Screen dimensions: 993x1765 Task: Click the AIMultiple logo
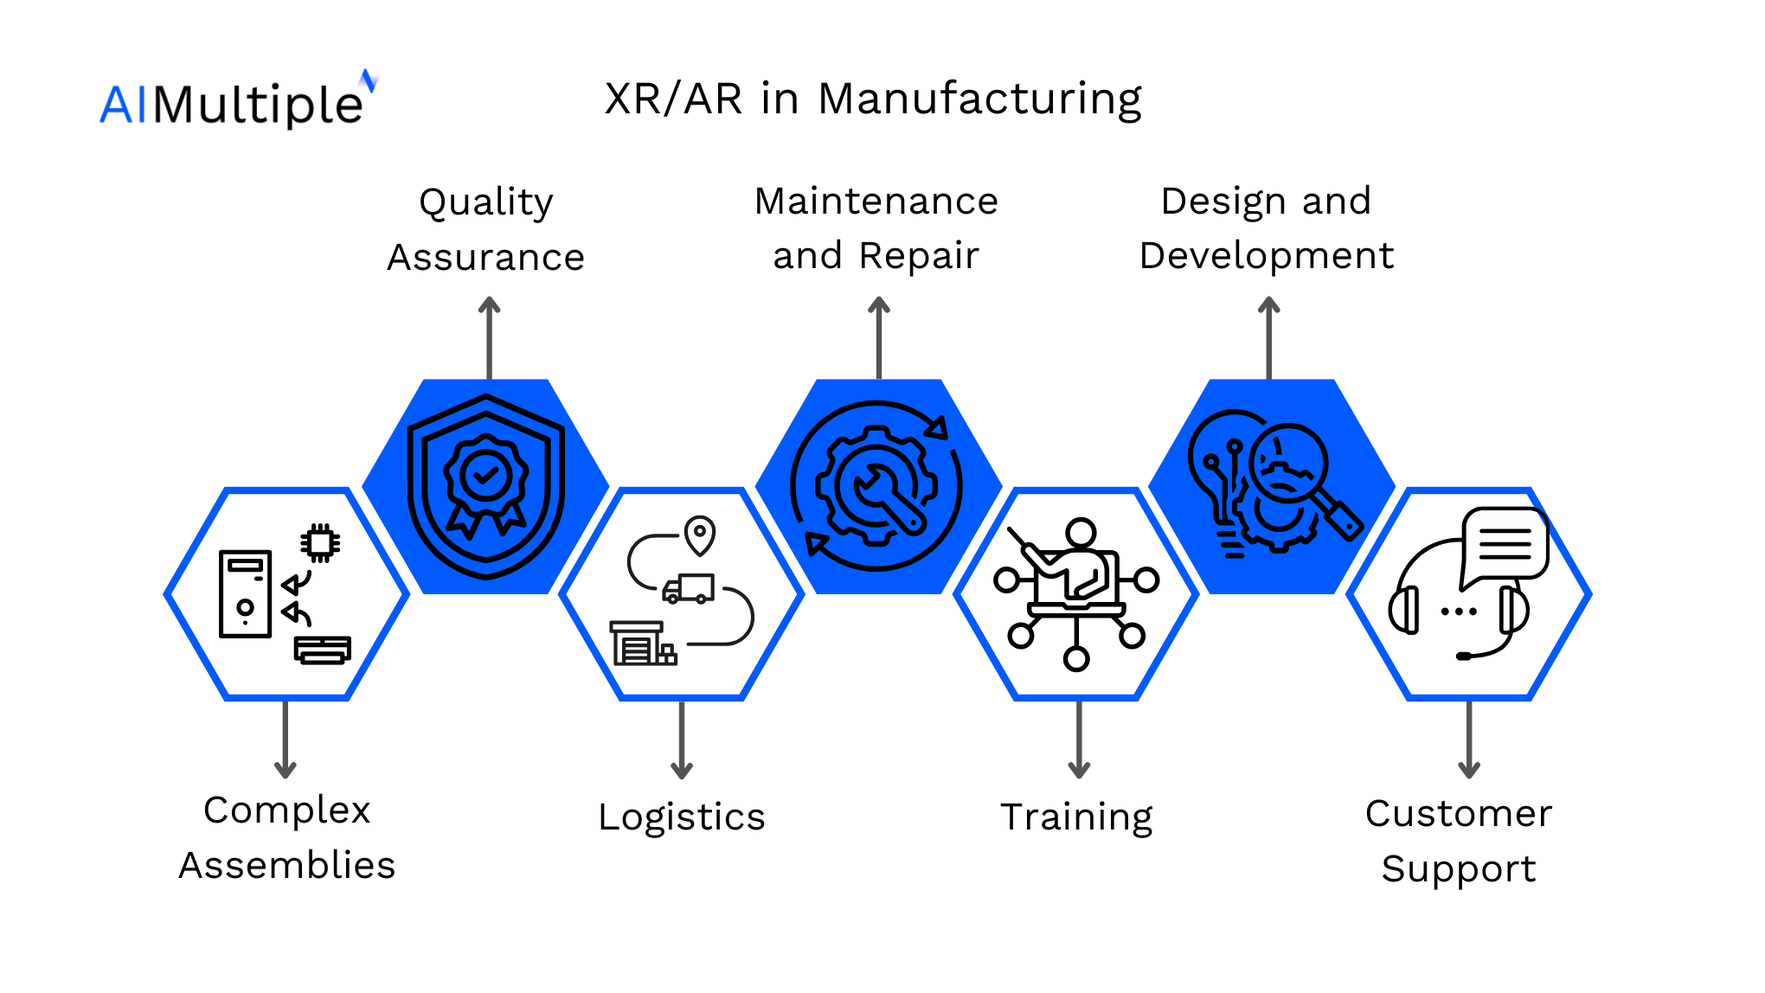pyautogui.click(x=238, y=102)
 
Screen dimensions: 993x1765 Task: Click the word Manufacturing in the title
pyautogui.click(x=979, y=99)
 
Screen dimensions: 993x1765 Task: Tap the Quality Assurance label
pyautogui.click(x=486, y=229)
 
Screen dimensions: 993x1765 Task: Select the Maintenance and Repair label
pyautogui.click(x=876, y=228)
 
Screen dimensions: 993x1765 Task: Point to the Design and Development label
pyautogui.click(x=1267, y=228)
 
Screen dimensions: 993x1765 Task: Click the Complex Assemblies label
pyautogui.click(x=286, y=837)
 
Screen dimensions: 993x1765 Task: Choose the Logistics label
pyautogui.click(x=682, y=817)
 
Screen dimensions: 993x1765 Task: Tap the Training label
pyautogui.click(x=1077, y=817)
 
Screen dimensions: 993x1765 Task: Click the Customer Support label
pyautogui.click(x=1459, y=841)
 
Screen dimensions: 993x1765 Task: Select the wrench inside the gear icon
pyautogui.click(x=886, y=498)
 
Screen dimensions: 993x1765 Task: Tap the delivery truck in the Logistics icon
pyautogui.click(x=689, y=589)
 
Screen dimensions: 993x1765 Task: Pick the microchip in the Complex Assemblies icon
pyautogui.click(x=320, y=543)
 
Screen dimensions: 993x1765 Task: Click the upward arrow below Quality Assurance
pyautogui.click(x=490, y=337)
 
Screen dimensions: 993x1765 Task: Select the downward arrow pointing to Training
pyautogui.click(x=1079, y=740)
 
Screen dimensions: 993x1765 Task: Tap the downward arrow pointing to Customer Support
pyautogui.click(x=1469, y=740)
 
